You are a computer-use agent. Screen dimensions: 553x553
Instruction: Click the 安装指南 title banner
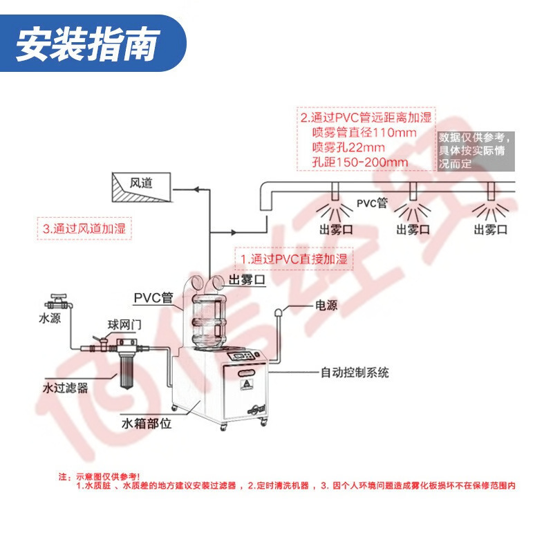click(86, 44)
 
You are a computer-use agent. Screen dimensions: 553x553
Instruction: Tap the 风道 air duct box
click(141, 186)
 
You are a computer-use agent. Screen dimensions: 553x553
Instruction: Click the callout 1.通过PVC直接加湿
click(294, 259)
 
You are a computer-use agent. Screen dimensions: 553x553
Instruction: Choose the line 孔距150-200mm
click(360, 162)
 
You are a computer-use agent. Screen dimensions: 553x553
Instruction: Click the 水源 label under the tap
click(50, 319)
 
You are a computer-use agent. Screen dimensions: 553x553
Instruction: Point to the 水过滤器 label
click(66, 388)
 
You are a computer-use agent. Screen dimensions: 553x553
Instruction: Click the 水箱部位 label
click(146, 423)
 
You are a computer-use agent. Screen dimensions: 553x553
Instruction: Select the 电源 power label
click(326, 305)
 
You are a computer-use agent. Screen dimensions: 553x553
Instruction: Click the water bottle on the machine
click(209, 321)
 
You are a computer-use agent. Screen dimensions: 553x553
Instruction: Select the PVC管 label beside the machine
click(153, 298)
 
